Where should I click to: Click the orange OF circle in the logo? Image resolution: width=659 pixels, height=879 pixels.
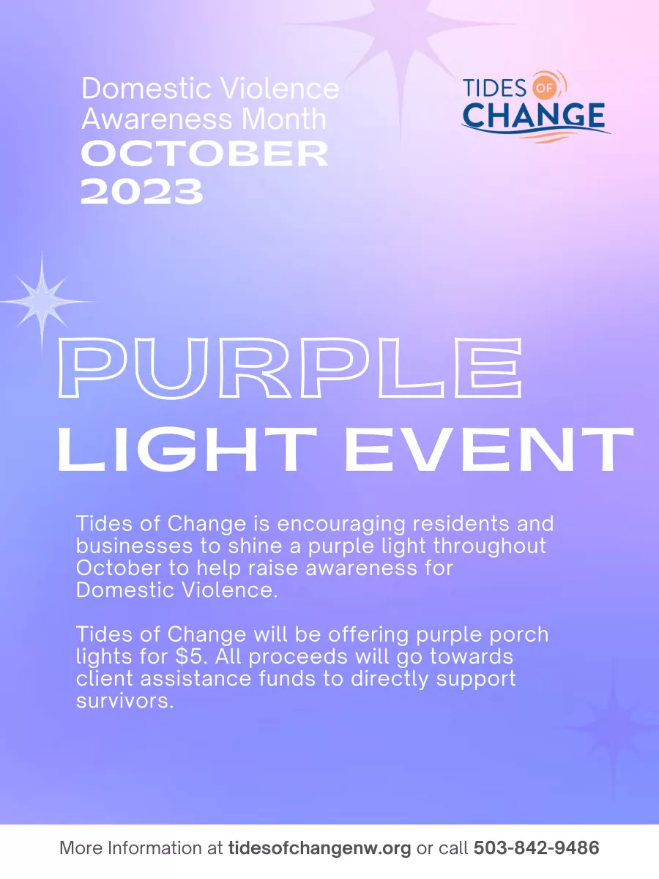click(x=545, y=87)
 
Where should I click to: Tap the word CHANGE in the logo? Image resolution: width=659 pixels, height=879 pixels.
click(x=534, y=115)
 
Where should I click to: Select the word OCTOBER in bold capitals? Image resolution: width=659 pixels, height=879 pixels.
click(x=204, y=154)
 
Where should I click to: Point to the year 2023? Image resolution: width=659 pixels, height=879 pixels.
click(x=141, y=191)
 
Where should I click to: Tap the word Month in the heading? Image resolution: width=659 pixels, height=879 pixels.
click(x=284, y=119)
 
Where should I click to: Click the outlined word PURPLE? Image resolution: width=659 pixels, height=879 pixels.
click(x=291, y=368)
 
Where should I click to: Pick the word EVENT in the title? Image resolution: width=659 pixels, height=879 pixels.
click(x=489, y=448)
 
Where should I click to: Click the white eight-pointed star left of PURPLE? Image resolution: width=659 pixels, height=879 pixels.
click(x=42, y=301)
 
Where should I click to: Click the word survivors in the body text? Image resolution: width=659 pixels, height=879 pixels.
click(x=124, y=701)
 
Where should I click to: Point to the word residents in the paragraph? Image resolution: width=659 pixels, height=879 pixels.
click(x=461, y=524)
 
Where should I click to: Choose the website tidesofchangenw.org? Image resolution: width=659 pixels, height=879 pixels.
click(x=319, y=848)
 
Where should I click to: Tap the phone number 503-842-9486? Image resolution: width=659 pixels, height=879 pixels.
click(x=536, y=848)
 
